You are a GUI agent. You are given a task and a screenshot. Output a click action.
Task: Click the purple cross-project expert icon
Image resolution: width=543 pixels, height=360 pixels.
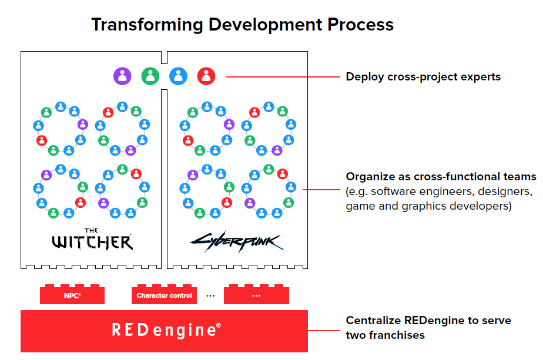point(122,76)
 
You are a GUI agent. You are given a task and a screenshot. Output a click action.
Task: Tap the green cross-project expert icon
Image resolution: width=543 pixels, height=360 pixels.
point(150,76)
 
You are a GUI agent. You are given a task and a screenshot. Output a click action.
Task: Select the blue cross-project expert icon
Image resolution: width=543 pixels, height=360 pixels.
point(178,76)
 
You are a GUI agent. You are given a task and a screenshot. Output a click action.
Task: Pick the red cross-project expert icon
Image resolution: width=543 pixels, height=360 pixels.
point(206,76)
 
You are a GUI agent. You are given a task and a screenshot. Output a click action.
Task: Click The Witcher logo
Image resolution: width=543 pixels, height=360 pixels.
point(92,239)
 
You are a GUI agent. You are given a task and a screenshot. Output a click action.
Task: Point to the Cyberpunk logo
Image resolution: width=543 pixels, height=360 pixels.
point(237,241)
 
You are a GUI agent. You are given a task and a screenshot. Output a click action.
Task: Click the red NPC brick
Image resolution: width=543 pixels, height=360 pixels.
point(72,295)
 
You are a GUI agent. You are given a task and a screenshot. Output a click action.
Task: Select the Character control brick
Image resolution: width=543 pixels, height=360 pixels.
point(164,295)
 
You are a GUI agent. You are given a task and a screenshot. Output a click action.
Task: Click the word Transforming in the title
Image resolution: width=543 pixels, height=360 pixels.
point(147,25)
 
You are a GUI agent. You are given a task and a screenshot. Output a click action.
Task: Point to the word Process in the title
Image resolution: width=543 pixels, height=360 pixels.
point(360,25)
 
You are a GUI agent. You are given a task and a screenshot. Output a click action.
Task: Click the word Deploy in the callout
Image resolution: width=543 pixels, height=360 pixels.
point(365,77)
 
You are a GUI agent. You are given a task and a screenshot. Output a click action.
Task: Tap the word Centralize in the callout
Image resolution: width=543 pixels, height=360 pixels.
point(373,320)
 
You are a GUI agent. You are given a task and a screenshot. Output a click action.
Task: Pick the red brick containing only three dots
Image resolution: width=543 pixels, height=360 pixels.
point(256,295)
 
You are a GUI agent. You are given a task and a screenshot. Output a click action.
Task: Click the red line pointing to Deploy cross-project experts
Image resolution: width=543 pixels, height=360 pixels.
point(283,77)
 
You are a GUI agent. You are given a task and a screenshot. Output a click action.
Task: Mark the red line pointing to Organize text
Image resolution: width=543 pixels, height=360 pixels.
point(321,190)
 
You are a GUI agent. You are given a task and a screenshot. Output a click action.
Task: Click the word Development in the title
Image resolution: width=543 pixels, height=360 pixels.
point(265,25)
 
